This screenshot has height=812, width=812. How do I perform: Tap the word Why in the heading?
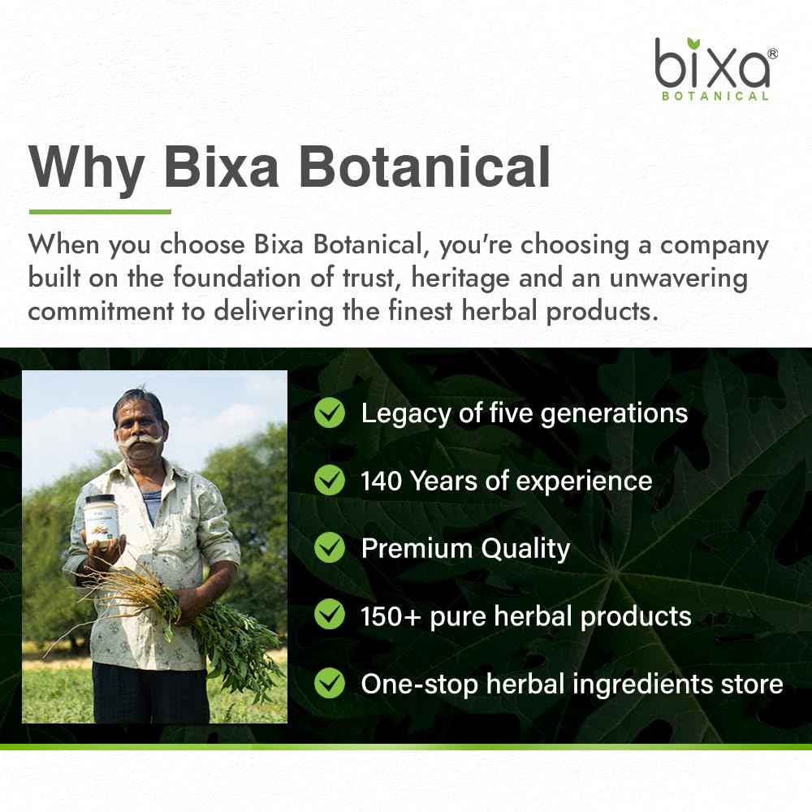pos(87,168)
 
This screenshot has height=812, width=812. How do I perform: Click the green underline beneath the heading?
pos(99,212)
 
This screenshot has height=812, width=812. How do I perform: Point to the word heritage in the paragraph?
pos(473,279)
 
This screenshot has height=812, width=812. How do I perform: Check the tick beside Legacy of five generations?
pos(330,412)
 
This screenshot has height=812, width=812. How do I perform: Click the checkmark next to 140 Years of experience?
pos(330,481)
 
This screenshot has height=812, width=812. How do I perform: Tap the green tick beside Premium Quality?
pos(330,548)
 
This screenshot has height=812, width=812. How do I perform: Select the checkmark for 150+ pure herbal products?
pos(330,615)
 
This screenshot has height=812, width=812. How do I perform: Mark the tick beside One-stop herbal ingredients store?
pos(330,684)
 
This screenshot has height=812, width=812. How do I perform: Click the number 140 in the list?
pos(382,481)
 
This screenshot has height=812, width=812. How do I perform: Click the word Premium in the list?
pos(417,549)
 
